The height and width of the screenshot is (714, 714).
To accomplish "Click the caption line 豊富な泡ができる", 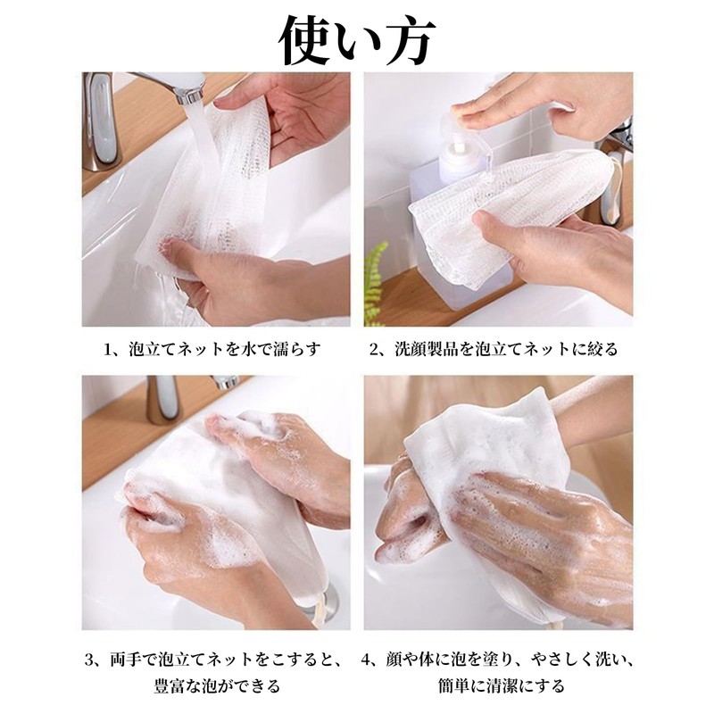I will (x=216, y=686).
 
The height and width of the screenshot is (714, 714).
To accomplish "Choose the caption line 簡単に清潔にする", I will (x=497, y=686).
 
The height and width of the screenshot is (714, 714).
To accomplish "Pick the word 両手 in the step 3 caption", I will (x=126, y=660).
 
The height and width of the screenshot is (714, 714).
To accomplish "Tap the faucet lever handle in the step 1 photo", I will (x=100, y=120).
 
